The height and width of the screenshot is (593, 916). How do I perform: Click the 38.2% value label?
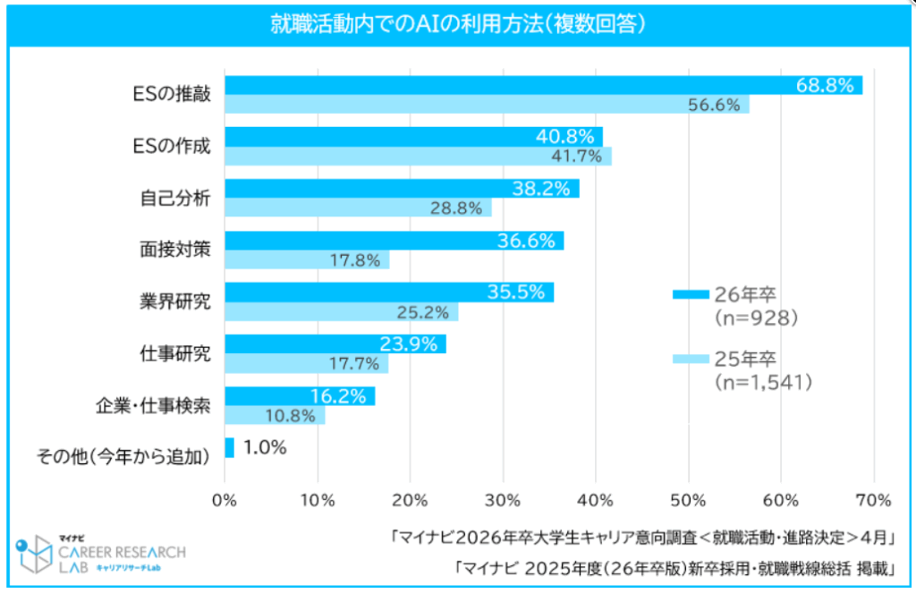click(x=539, y=189)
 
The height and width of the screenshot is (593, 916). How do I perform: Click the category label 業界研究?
click(x=181, y=301)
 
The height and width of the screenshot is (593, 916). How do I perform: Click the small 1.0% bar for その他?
click(x=229, y=447)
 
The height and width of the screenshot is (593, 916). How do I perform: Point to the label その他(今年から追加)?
click(x=123, y=457)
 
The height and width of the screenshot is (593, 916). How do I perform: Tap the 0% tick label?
click(x=225, y=498)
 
